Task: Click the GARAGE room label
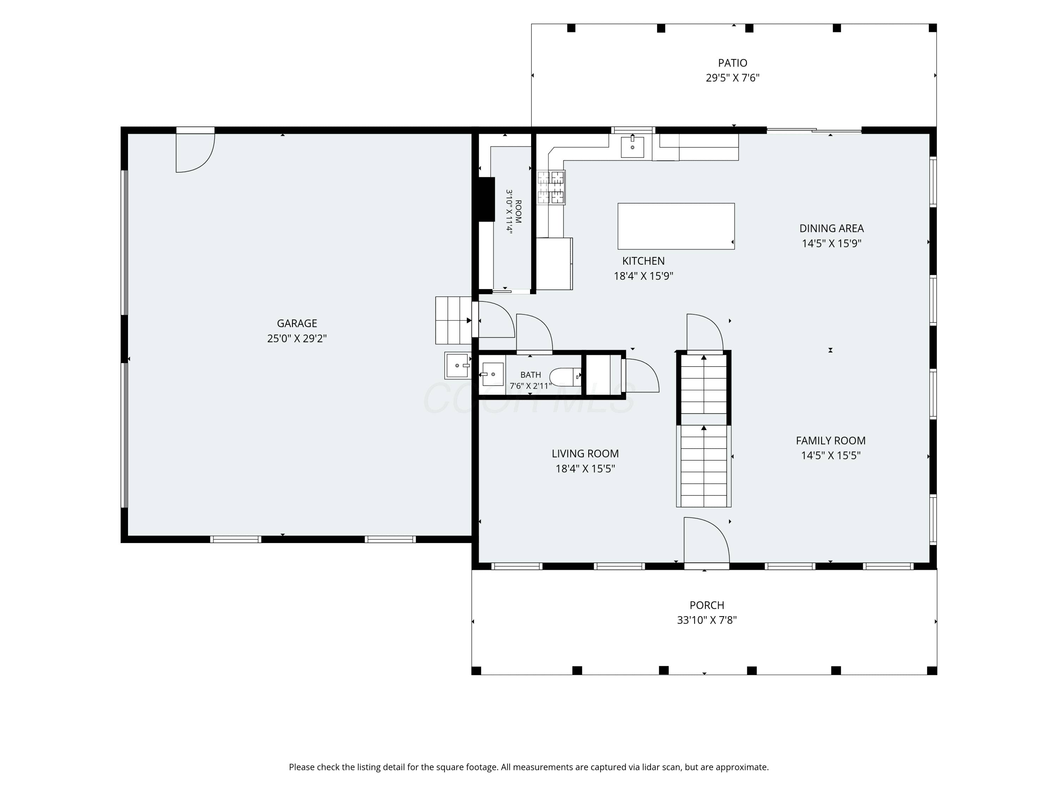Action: coord(297,324)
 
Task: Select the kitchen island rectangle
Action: coord(676,226)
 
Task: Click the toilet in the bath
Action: coord(565,377)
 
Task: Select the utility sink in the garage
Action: coord(458,366)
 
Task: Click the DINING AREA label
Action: coord(831,228)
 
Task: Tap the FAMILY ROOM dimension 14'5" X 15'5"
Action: coord(831,455)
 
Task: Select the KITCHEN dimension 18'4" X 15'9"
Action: coord(643,276)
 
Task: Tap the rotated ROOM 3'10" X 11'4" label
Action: coord(513,211)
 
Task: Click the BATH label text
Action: coord(530,375)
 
